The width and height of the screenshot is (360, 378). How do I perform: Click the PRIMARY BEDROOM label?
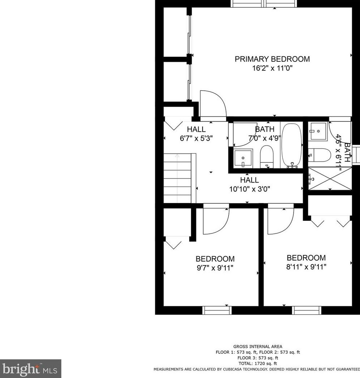272,59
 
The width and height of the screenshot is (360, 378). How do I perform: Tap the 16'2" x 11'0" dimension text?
272,68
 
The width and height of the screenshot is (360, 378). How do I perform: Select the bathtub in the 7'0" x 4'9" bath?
292,146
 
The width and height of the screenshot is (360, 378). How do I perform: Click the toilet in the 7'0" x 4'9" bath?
266,157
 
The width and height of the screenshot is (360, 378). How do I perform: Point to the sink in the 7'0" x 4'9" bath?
243,158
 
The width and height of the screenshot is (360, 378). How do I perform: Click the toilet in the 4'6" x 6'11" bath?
319,155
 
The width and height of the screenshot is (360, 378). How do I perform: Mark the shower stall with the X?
330,179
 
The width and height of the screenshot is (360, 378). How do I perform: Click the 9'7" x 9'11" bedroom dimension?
215,268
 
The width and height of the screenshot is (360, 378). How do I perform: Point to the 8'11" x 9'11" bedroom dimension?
306,267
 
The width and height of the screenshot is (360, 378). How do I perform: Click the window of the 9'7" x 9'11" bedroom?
217,310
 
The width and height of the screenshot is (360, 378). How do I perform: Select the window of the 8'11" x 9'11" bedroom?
307,310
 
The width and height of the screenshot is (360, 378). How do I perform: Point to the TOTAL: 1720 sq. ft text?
258,364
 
